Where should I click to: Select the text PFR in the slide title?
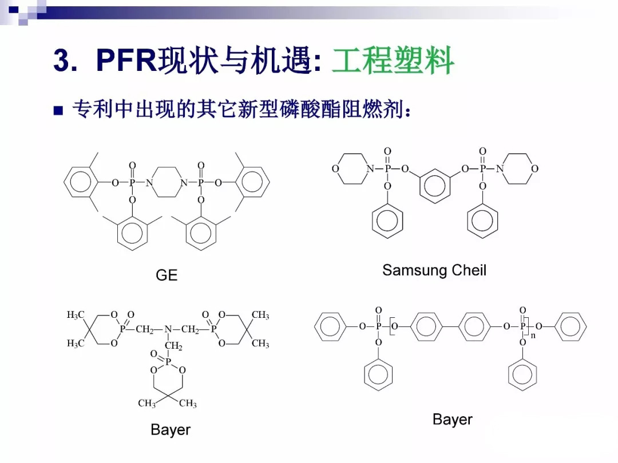[126, 60]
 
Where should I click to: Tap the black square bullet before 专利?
[58, 111]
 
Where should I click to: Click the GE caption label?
[167, 276]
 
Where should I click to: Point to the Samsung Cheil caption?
[434, 270]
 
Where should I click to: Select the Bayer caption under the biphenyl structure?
[452, 420]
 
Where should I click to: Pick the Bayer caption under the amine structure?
[170, 430]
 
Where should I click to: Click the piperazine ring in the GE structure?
[167, 183]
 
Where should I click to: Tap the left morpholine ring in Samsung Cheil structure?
[350, 169]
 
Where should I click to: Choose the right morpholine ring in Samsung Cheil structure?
[518, 169]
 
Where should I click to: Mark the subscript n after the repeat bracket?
[533, 336]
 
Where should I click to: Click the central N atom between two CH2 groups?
[168, 330]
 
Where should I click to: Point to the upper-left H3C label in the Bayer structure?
[76, 316]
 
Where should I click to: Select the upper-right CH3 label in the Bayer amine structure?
[260, 316]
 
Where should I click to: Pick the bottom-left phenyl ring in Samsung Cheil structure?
[387, 221]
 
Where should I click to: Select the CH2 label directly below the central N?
[173, 346]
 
